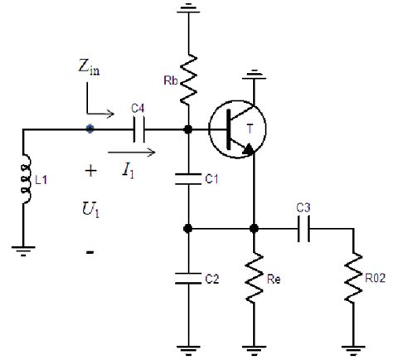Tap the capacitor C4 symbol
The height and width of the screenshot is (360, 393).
[x=138, y=129]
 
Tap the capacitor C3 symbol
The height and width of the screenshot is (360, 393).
[x=304, y=227]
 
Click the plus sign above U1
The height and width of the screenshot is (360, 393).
[x=89, y=172]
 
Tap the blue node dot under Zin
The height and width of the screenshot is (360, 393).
[x=90, y=129]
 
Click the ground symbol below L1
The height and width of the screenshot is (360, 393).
[x=24, y=246]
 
